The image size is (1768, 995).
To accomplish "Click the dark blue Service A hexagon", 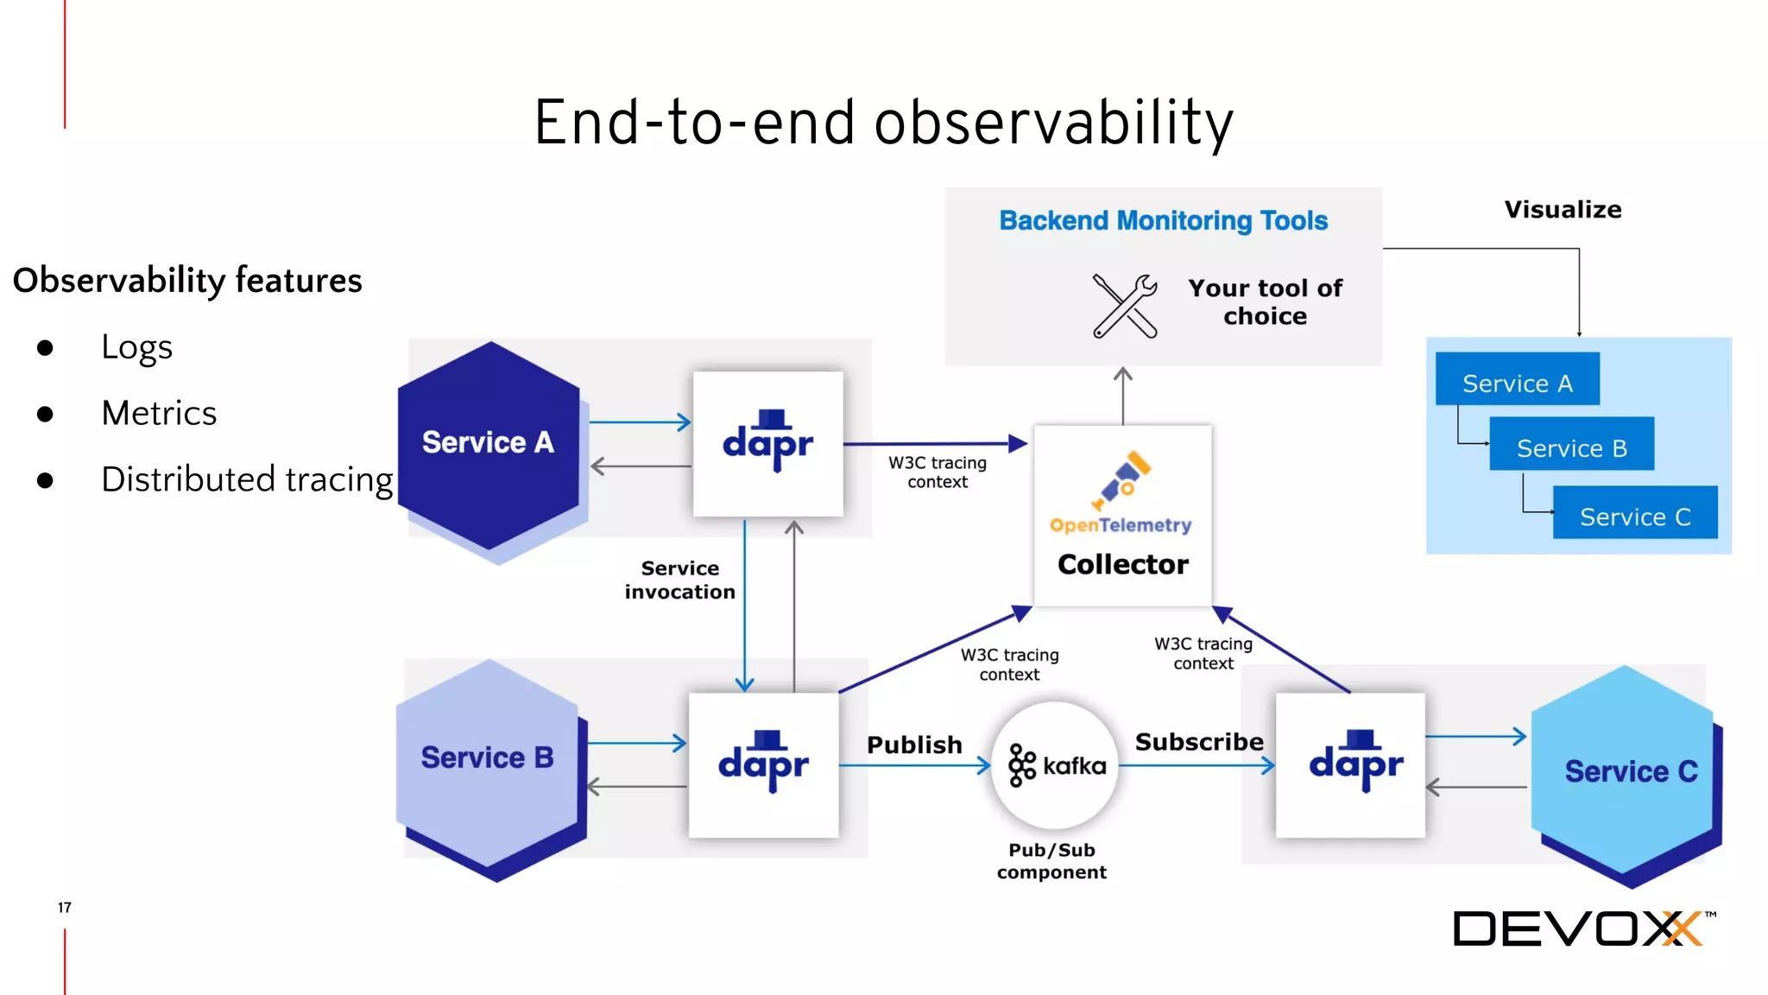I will pyautogui.click(x=489, y=444).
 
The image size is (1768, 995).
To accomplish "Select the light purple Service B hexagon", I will pyautogui.click(x=487, y=760).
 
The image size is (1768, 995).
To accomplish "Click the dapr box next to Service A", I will pyautogui.click(x=767, y=444).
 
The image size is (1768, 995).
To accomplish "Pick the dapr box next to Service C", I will pyautogui.click(x=1350, y=764).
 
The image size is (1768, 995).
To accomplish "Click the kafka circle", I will pyautogui.click(x=1055, y=765).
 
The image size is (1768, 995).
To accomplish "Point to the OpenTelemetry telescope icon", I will pyautogui.click(x=1121, y=480).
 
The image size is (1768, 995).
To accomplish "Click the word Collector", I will pyautogui.click(x=1122, y=564).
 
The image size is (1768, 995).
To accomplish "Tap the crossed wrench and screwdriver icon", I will pyautogui.click(x=1124, y=306).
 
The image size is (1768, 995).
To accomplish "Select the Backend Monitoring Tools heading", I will pyautogui.click(x=1163, y=221).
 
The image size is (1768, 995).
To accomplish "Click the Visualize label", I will pyautogui.click(x=1563, y=210).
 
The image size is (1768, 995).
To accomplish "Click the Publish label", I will pyautogui.click(x=914, y=745).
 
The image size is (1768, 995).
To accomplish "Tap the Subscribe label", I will pyautogui.click(x=1198, y=742).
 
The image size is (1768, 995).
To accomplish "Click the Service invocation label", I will pyautogui.click(x=679, y=580).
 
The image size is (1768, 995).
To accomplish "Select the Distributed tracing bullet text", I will pyautogui.click(x=247, y=479).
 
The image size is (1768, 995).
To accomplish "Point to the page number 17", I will pyautogui.click(x=65, y=907).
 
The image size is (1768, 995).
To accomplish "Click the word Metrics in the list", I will pyautogui.click(x=159, y=413).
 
